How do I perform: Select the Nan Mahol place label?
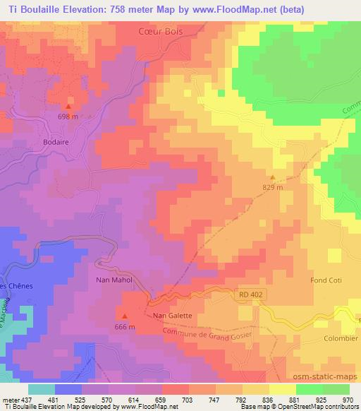tap(114, 280)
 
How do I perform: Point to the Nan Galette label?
tap(172, 316)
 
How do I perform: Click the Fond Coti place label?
tap(326, 280)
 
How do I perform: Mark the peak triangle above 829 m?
tap(273, 178)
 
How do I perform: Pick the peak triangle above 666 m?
tap(124, 316)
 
